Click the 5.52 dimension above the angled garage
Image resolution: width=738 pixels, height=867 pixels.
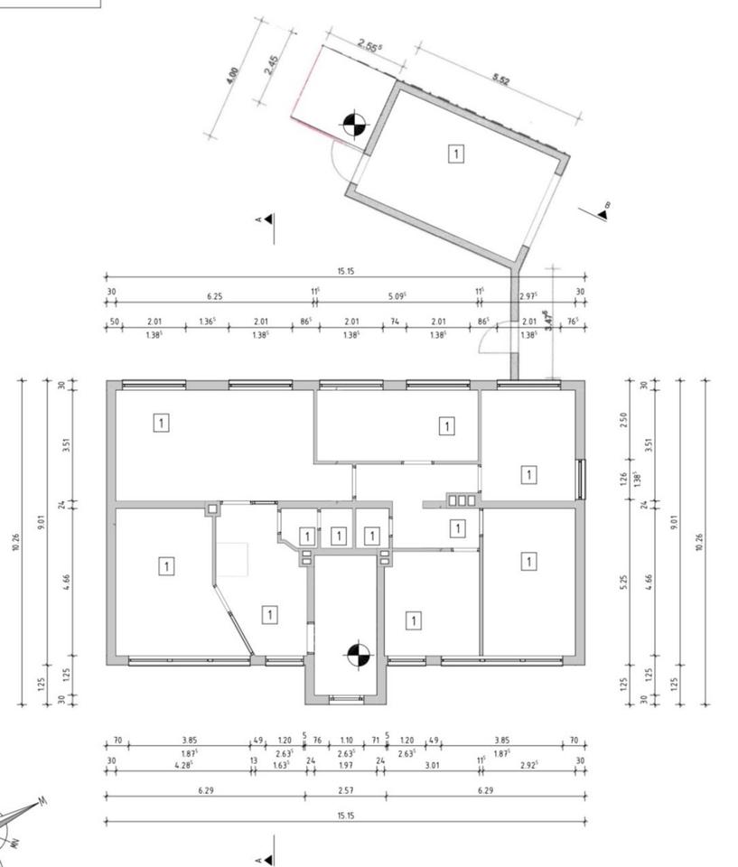click(x=501, y=79)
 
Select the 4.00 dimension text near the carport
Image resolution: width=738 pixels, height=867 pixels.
click(x=234, y=75)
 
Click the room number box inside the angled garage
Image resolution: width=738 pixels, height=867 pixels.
click(x=456, y=154)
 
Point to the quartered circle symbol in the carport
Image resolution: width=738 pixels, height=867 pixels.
click(x=354, y=125)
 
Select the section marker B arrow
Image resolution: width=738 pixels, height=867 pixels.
click(x=600, y=213)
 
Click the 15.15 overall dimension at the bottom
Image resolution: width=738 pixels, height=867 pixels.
click(x=345, y=816)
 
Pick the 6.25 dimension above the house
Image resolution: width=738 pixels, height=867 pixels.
click(x=214, y=295)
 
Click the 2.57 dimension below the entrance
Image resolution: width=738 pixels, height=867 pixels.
click(x=345, y=790)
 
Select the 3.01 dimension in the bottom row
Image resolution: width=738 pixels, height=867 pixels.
click(x=432, y=764)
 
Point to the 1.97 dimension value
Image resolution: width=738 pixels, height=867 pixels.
click(x=345, y=764)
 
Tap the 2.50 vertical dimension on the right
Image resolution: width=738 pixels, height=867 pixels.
click(x=624, y=422)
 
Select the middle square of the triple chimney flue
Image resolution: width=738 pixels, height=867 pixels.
click(x=462, y=499)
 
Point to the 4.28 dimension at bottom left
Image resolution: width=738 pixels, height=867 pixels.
click(x=185, y=764)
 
